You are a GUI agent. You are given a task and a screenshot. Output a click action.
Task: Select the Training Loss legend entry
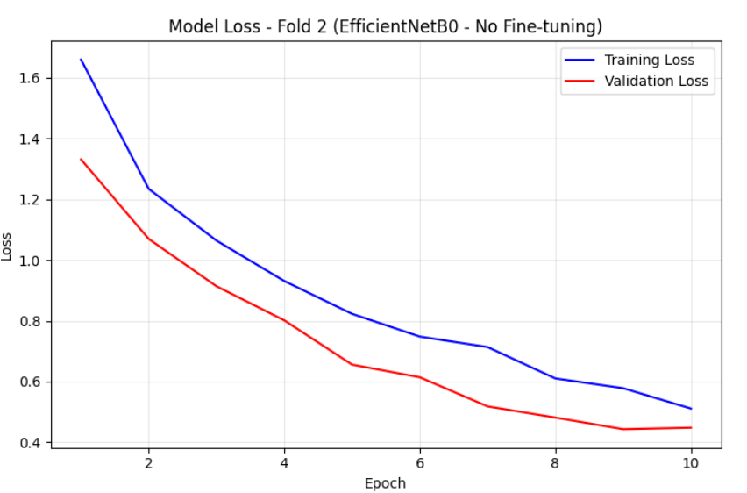[629, 60]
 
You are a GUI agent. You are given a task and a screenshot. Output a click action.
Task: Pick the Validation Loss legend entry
[637, 81]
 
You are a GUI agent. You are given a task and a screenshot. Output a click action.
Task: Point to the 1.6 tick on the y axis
[29, 78]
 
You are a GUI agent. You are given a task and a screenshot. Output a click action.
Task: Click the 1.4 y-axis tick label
[29, 139]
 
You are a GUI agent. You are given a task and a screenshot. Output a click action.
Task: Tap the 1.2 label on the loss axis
[29, 200]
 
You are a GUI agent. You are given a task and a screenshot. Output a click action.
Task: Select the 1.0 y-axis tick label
[29, 261]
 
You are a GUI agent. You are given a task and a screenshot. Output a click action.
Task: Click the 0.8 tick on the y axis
[29, 321]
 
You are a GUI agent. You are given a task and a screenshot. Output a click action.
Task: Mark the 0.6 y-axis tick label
[29, 382]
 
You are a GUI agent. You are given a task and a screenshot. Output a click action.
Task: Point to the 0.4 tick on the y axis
[29, 443]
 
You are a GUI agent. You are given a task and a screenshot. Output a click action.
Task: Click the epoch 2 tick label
[149, 463]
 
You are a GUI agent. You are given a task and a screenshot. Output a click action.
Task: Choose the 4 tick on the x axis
[284, 463]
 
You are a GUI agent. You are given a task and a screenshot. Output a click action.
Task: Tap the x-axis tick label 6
[420, 463]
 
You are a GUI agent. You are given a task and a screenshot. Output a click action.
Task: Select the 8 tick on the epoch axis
[555, 463]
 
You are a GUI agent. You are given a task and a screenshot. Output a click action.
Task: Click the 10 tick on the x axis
[690, 463]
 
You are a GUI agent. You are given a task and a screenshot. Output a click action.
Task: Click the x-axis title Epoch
[386, 483]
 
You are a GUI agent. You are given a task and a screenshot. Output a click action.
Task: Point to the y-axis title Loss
[6, 246]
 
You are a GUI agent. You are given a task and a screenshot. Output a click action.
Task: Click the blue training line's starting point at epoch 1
[81, 59]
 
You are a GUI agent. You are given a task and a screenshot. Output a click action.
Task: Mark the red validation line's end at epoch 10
[691, 428]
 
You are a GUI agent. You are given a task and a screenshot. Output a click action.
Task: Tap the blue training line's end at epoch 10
[691, 409]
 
